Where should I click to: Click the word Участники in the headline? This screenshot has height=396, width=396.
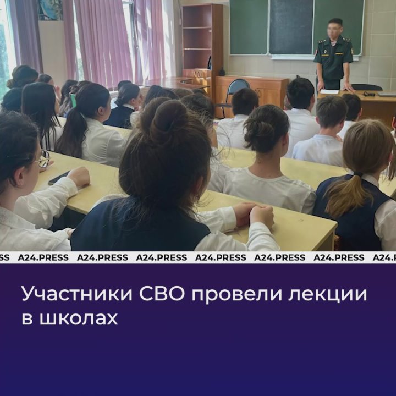[x=78, y=294]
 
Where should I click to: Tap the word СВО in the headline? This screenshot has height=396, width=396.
[x=162, y=294]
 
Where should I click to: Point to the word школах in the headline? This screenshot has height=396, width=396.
[x=79, y=318]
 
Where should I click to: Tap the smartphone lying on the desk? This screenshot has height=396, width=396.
[x=59, y=178]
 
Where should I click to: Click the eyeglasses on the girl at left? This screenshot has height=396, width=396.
[x=43, y=158]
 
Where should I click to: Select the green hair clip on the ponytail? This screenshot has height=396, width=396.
[x=73, y=100]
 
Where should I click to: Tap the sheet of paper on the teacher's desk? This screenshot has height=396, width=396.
[x=329, y=92]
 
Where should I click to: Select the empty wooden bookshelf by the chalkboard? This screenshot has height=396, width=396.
[x=202, y=40]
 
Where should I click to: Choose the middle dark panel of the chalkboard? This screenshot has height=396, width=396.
[x=291, y=27]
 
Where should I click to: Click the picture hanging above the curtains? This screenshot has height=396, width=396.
[x=50, y=9]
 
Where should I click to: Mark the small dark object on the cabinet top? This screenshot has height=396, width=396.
[x=222, y=71]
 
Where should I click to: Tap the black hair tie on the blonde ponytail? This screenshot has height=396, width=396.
[x=358, y=174]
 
